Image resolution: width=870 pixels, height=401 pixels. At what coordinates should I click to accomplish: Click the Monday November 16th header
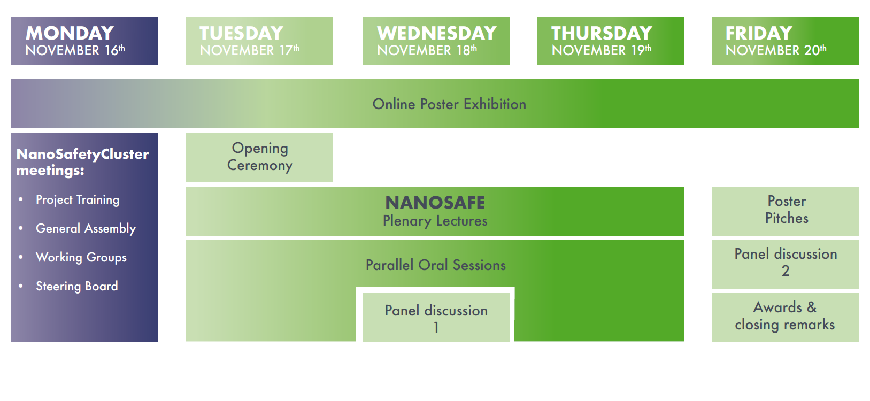[x=84, y=41]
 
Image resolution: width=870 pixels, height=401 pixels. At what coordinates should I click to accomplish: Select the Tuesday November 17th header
[x=259, y=41]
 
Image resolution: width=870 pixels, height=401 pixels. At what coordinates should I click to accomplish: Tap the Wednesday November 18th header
[x=436, y=41]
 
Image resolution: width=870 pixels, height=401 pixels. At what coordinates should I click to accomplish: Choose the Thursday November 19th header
[x=611, y=41]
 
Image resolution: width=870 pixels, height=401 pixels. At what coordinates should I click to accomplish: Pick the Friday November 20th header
[x=786, y=41]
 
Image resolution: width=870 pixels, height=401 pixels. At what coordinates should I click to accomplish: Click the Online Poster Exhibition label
[x=449, y=104]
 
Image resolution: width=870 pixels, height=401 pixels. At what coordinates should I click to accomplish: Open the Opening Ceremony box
[x=259, y=158]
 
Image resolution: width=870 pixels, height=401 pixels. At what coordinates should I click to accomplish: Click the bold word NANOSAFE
[x=435, y=203]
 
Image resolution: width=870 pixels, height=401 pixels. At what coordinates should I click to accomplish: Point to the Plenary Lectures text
[x=435, y=221]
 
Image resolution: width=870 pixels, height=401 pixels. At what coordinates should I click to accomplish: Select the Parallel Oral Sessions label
[x=436, y=265]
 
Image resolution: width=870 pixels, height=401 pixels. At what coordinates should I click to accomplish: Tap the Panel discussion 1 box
[x=436, y=317]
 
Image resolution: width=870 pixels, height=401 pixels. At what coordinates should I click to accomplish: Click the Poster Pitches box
[x=786, y=212]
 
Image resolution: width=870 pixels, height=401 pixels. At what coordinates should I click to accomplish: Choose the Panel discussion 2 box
[x=786, y=264]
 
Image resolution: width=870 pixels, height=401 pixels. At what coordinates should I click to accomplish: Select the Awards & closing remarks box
[x=786, y=317]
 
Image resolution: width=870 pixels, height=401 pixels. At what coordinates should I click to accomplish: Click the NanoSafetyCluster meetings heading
[x=82, y=162]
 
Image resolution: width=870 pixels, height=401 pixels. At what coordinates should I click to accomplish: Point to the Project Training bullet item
[x=78, y=200]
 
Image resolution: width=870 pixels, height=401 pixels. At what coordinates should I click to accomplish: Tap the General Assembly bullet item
[x=86, y=229]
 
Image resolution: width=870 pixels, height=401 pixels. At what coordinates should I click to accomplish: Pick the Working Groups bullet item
[x=81, y=257]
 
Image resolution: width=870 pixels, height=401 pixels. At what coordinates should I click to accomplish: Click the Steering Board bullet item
[x=77, y=286]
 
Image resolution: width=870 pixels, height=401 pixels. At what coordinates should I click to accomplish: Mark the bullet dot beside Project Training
[x=20, y=199]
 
